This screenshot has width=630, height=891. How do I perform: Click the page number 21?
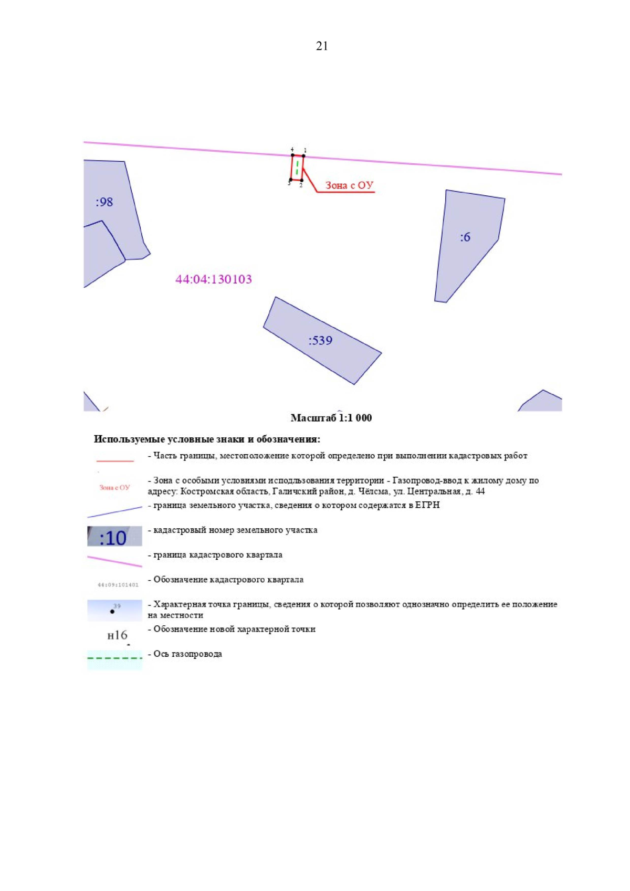[x=322, y=46]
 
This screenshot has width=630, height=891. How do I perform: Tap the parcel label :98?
[x=104, y=202]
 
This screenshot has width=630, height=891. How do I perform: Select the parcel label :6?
[x=465, y=237]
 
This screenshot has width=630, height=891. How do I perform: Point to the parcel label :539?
[x=320, y=340]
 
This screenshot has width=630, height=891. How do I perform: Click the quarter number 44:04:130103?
[x=214, y=279]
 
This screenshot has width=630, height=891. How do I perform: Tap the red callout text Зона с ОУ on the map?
[x=349, y=185]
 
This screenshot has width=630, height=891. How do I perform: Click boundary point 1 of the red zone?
[x=303, y=156]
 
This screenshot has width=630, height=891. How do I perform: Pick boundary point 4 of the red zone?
[x=293, y=155]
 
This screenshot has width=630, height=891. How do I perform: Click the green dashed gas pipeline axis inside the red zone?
[x=297, y=167]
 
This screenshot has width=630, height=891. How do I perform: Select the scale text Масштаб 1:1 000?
[x=331, y=417]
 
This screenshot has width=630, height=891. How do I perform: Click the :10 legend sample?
[x=114, y=536]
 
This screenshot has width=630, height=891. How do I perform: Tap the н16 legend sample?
[x=117, y=635]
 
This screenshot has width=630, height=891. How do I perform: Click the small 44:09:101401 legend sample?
[x=118, y=585]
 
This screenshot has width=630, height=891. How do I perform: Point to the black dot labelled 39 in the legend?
[x=112, y=611]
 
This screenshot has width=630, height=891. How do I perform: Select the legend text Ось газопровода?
[x=188, y=654]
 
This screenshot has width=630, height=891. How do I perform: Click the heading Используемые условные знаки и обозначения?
[x=207, y=439]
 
